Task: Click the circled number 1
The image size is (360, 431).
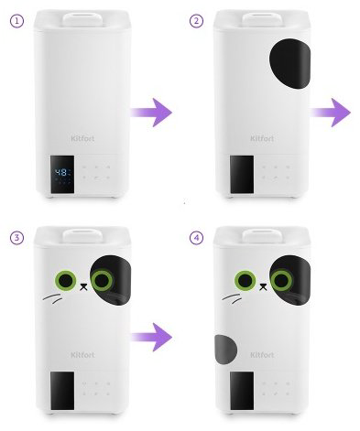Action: pyautogui.click(x=16, y=21)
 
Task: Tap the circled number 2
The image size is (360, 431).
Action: pyautogui.click(x=196, y=21)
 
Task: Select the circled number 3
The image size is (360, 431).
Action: pyautogui.click(x=16, y=238)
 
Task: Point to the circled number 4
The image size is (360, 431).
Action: pyautogui.click(x=196, y=238)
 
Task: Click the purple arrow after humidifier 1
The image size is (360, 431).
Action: pyautogui.click(x=151, y=113)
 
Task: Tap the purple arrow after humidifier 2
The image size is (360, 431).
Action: pyautogui.click(x=331, y=113)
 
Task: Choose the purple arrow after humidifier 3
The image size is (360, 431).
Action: pyautogui.click(x=152, y=338)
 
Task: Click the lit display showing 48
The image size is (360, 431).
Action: pyautogui.click(x=62, y=174)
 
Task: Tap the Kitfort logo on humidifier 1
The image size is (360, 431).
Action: pyautogui.click(x=82, y=138)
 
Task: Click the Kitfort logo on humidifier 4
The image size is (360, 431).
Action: pyautogui.click(x=262, y=355)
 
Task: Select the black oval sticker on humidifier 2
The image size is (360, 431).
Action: pyautogui.click(x=289, y=63)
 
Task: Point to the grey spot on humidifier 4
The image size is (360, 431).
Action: pyautogui.click(x=225, y=350)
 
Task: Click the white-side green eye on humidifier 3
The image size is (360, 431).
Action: pyautogui.click(x=66, y=280)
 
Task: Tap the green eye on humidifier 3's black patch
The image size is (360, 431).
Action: pyautogui.click(x=102, y=280)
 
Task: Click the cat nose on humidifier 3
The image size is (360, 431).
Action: pyautogui.click(x=83, y=286)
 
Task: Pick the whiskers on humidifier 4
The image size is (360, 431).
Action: pyautogui.click(x=232, y=298)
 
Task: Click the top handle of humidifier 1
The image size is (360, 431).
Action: pyautogui.click(x=82, y=19)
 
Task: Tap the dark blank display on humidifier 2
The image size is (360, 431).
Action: pyautogui.click(x=242, y=174)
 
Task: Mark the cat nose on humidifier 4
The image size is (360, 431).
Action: pyautogui.click(x=263, y=286)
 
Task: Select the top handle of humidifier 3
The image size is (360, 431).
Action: pyautogui.click(x=82, y=236)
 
